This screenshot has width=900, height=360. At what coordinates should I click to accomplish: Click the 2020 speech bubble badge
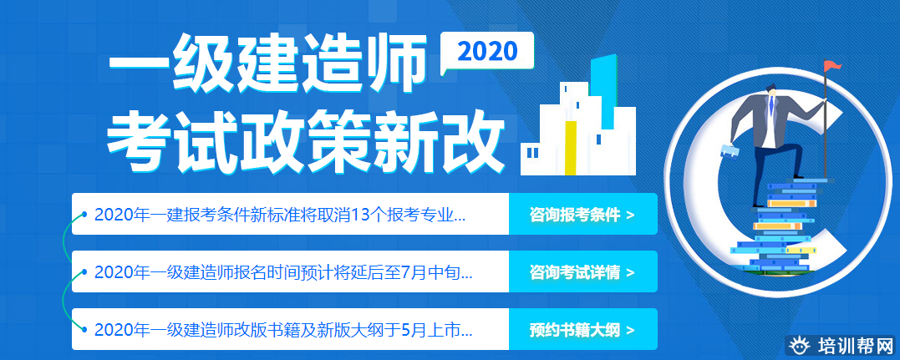(487, 53)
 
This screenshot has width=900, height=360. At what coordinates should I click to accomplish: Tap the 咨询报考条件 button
(582, 214)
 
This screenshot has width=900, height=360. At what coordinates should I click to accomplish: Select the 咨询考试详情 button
(582, 271)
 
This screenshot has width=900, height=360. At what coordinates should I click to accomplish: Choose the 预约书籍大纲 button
(582, 330)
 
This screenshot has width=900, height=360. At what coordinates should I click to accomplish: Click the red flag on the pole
(833, 65)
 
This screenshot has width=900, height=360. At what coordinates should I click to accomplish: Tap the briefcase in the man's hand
(730, 150)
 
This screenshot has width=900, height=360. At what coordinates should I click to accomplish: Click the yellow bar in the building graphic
(571, 148)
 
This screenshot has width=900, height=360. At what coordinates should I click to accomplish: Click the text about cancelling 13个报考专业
(280, 215)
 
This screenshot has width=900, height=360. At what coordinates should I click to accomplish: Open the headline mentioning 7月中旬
(283, 272)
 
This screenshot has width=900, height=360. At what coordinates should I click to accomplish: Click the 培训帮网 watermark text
(855, 347)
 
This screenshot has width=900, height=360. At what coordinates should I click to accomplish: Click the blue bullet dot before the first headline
(84, 215)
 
